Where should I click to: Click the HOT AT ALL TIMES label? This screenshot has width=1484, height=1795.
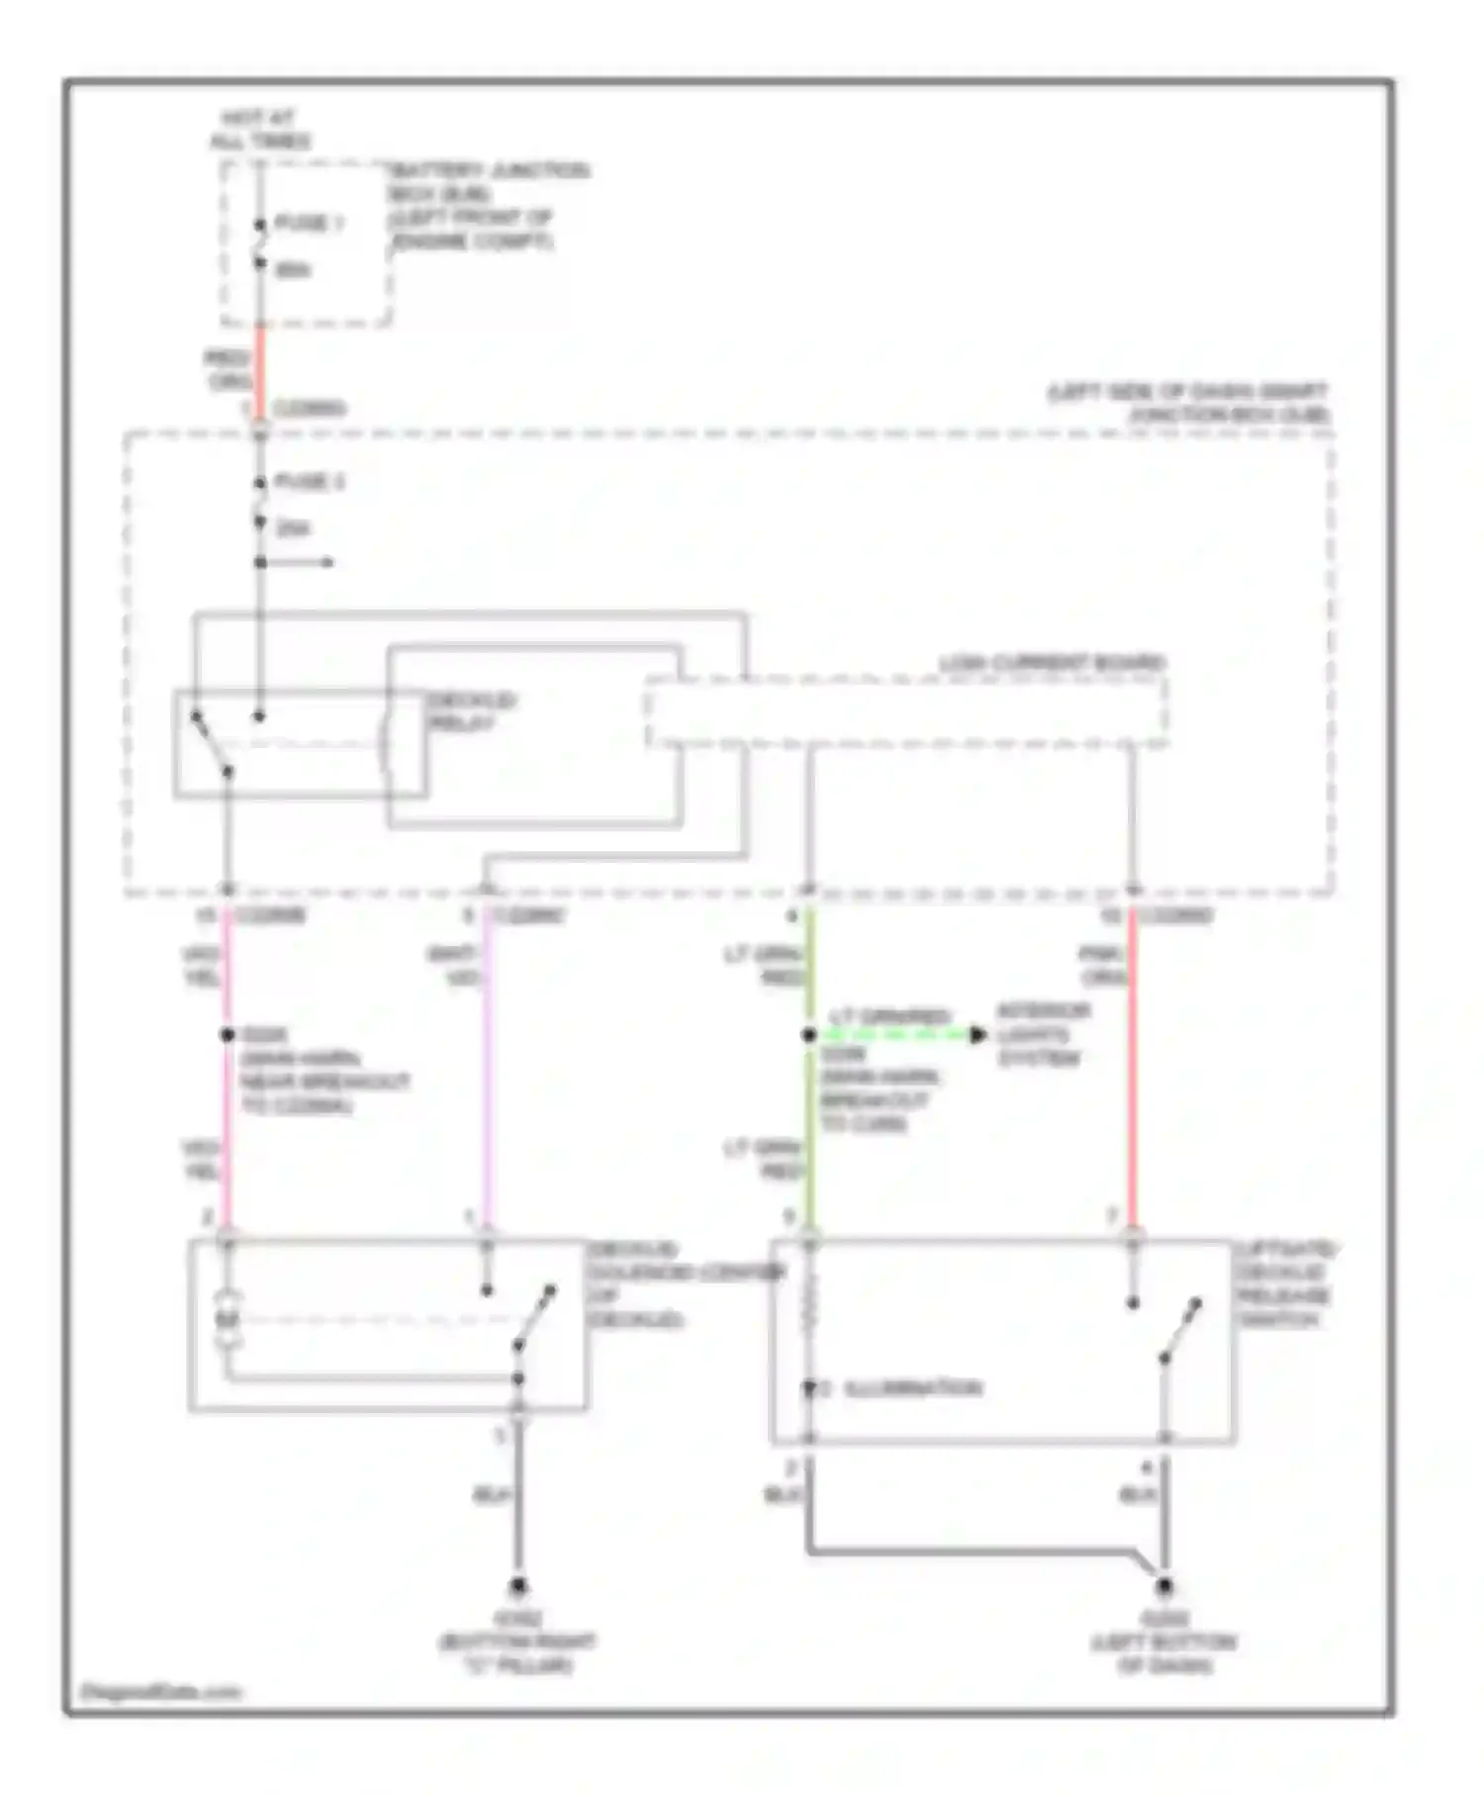pos(259,130)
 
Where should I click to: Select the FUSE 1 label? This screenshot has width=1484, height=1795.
pos(309,223)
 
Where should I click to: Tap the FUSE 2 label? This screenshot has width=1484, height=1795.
pos(309,482)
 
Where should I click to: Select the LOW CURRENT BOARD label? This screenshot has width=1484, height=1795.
pos(1052,662)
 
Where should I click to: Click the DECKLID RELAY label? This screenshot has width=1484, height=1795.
pos(470,711)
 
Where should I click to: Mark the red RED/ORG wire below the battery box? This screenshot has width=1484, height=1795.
pos(260,371)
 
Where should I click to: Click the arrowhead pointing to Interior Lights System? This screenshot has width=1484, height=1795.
pos(977,1035)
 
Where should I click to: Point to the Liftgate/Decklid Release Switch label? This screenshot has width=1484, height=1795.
pos(1284,1283)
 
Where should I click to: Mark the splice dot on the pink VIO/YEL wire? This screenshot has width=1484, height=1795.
pos(227,1035)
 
